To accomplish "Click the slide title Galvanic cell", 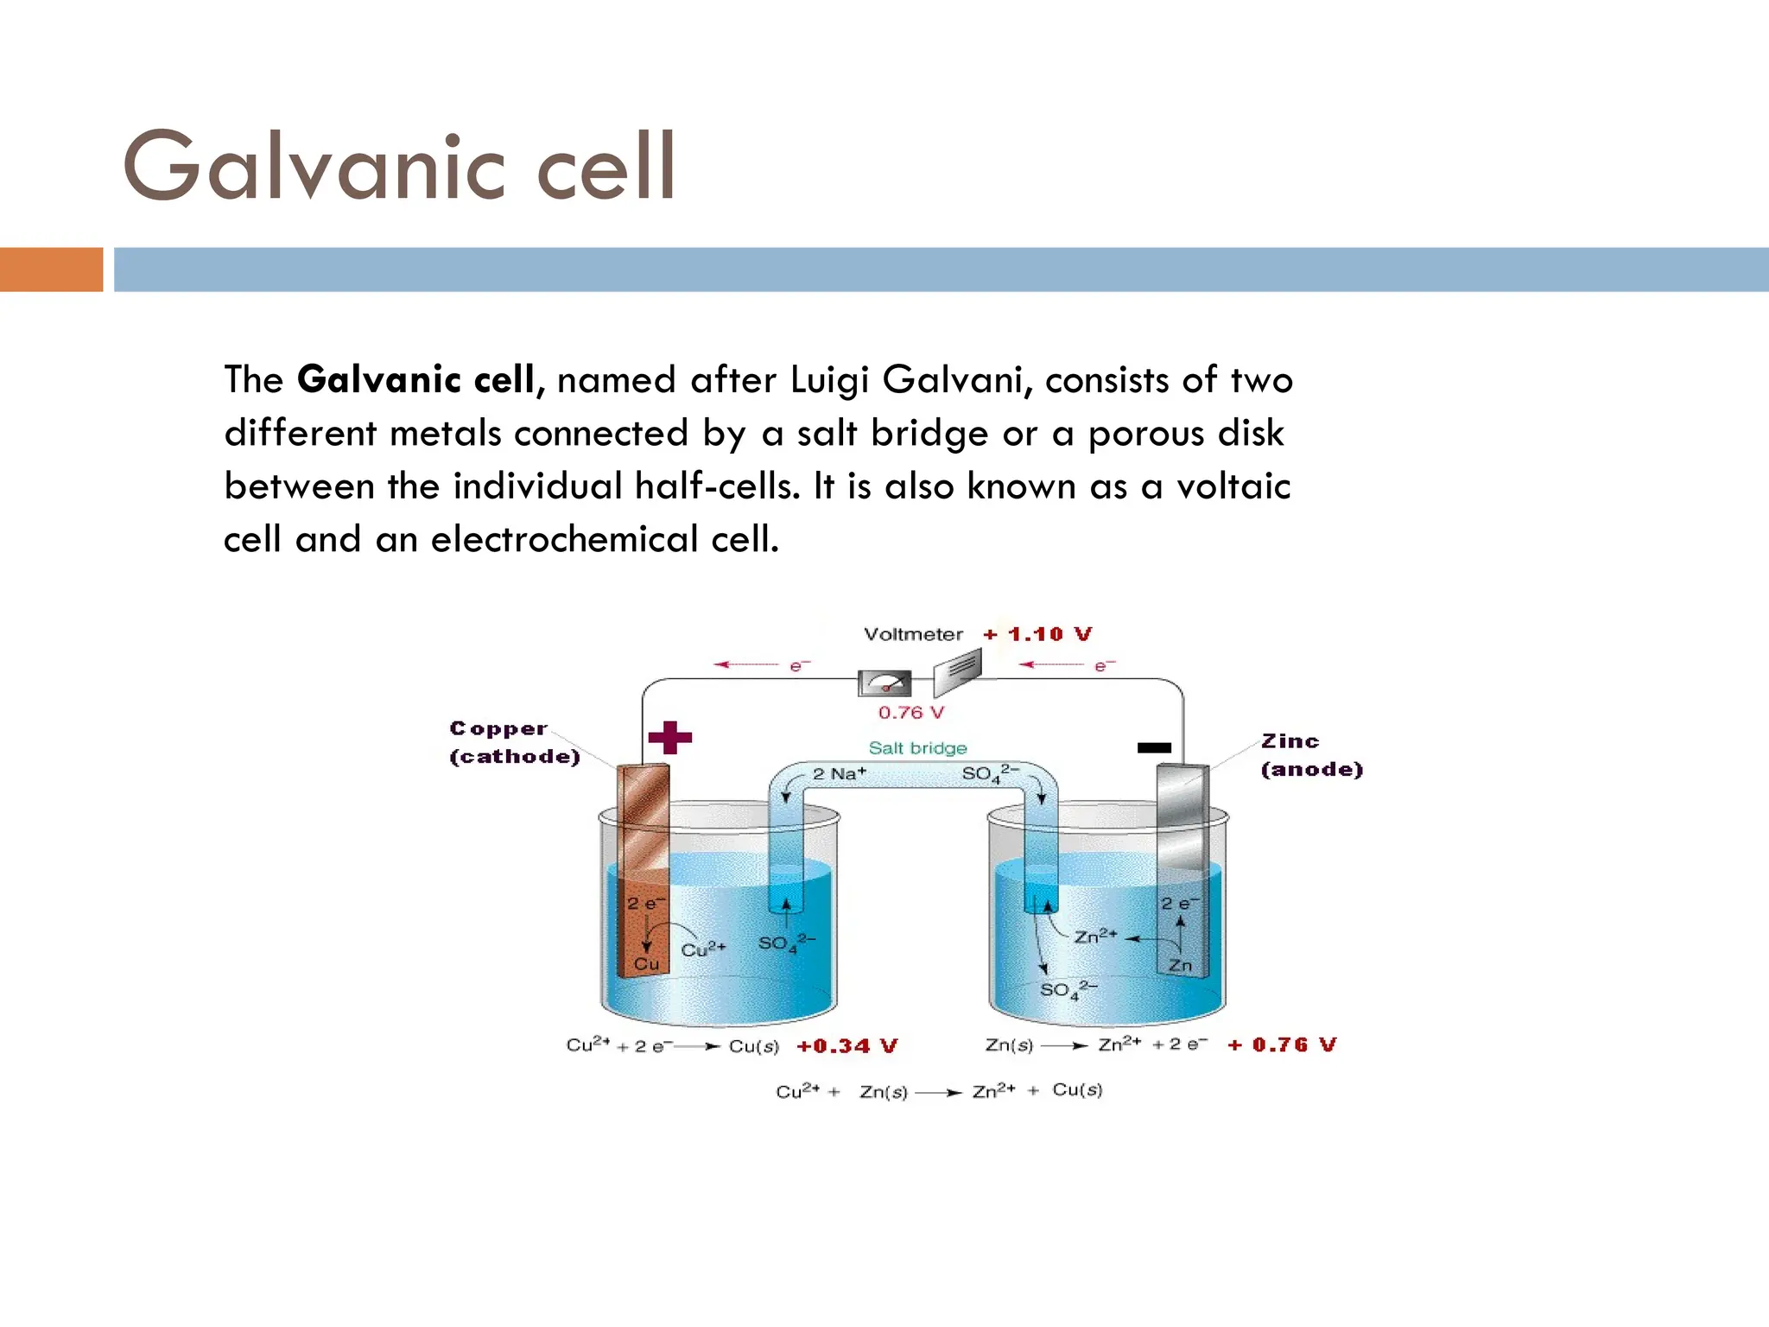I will pyautogui.click(x=398, y=166).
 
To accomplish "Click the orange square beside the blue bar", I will pyautogui.click(x=51, y=270).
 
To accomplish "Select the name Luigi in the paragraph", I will pyautogui.click(x=829, y=380).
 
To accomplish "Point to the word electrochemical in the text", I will pyautogui.click(x=564, y=540).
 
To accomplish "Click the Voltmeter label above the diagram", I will pyautogui.click(x=913, y=634).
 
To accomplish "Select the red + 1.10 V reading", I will pyautogui.click(x=1037, y=634).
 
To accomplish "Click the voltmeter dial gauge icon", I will pyautogui.click(x=884, y=683).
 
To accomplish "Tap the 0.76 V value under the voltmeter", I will pyautogui.click(x=911, y=713).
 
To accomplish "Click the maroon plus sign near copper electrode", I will pyautogui.click(x=670, y=737).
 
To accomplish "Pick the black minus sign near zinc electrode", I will pyautogui.click(x=1154, y=747).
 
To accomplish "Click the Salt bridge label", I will pyautogui.click(x=917, y=748).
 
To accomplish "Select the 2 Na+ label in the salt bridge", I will pyautogui.click(x=839, y=773).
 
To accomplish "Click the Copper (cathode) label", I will pyautogui.click(x=513, y=742).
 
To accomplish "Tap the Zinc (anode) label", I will pyautogui.click(x=1310, y=755).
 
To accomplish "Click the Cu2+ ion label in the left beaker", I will pyautogui.click(x=703, y=949).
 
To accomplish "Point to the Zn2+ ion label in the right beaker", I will pyautogui.click(x=1095, y=937).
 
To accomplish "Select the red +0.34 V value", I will pyautogui.click(x=846, y=1046).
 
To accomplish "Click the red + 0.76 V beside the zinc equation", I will pyautogui.click(x=1282, y=1044).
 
